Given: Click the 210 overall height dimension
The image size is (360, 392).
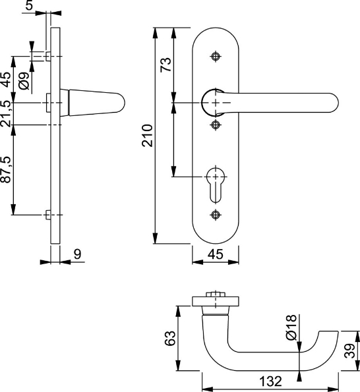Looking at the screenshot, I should (148, 135).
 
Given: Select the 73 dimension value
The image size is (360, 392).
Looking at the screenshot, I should (166, 64).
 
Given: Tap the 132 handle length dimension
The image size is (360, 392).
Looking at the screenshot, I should (270, 381).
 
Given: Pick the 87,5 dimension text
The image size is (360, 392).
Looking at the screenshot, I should (6, 170).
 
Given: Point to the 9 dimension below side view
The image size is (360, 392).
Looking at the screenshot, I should (76, 252).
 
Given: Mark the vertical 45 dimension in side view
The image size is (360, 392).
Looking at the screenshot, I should (6, 80).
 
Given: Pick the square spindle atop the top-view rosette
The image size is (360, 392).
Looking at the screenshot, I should (213, 296).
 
